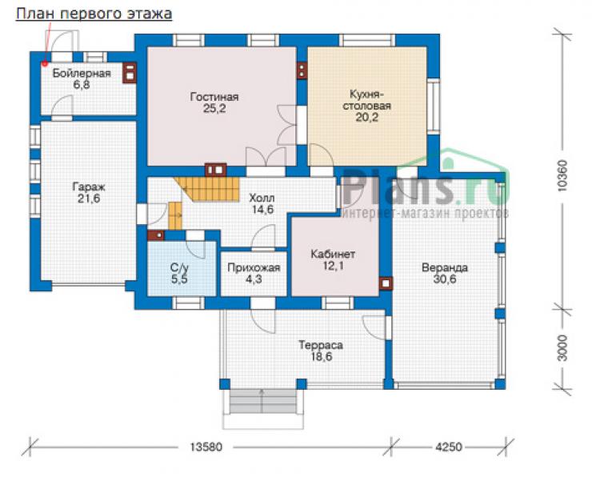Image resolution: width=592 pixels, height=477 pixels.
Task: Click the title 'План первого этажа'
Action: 94,14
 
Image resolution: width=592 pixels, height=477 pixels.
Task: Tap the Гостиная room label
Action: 214,97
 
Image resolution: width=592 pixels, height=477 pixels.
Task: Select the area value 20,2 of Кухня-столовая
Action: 366,118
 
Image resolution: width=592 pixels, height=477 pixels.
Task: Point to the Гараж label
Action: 89,187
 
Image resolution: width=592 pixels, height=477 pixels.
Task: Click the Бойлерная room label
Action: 82,74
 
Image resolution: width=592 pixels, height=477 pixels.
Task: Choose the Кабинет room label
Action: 333,255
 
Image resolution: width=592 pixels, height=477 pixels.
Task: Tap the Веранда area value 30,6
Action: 445,279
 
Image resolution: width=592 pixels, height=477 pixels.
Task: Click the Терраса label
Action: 321,345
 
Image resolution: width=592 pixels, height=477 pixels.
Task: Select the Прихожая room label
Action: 254,268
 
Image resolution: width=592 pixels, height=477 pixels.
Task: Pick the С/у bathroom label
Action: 179,268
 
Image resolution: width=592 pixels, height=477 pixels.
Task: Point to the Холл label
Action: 262,198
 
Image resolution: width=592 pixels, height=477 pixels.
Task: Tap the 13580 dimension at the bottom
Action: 206,447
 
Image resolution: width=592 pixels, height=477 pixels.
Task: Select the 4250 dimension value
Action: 449,447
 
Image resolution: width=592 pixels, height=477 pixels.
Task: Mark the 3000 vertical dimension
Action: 562,347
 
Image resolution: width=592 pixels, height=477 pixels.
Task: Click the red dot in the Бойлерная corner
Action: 45,63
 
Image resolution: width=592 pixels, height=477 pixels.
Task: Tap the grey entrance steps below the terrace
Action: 263,402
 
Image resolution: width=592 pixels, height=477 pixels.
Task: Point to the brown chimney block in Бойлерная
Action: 130,72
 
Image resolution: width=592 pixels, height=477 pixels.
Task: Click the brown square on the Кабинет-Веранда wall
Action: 386,283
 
